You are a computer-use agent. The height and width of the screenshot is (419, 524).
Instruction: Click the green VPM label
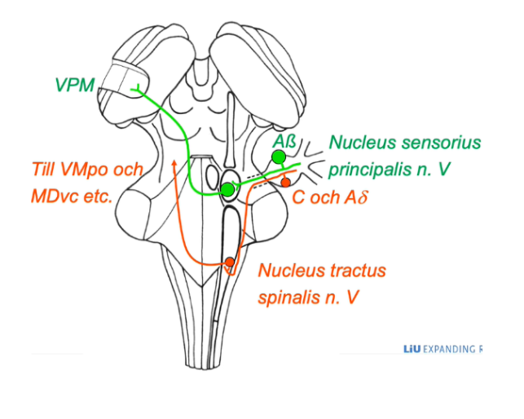(x=74, y=85)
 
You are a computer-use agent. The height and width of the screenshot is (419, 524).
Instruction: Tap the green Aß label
(x=284, y=139)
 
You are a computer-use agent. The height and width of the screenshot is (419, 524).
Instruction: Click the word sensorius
(x=439, y=141)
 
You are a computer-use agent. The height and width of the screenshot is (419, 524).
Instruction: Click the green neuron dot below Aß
(x=279, y=157)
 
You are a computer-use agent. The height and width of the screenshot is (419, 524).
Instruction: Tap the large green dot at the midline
(x=227, y=190)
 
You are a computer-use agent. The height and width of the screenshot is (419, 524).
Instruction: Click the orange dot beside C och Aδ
(x=285, y=182)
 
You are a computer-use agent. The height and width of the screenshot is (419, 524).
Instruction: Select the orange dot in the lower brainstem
(x=231, y=262)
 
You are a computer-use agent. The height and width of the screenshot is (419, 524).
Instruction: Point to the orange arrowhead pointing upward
(x=174, y=165)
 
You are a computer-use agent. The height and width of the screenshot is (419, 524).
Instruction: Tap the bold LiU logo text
(x=410, y=350)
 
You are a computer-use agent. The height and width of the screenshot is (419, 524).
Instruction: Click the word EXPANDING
(x=447, y=350)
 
